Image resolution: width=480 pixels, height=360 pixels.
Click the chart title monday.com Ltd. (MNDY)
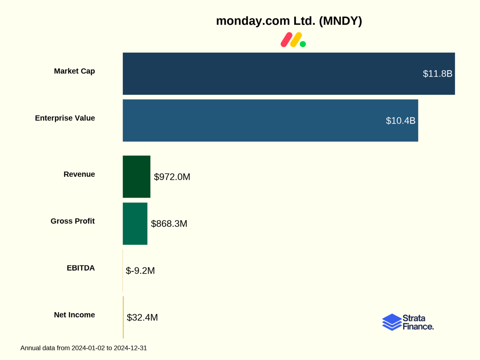pos(289,21)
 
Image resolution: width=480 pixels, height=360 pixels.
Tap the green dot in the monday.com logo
pos(303,44)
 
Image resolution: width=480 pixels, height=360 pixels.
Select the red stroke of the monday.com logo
pos(286,40)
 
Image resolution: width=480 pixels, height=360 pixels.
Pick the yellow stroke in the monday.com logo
pos(296,40)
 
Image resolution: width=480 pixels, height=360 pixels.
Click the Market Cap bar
pos(271,74)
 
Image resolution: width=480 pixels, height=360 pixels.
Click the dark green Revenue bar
pos(136,176)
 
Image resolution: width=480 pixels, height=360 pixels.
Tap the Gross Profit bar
pos(135,223)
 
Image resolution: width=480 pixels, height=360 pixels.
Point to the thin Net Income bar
pos(123,317)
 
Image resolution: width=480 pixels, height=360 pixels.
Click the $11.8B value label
pos(437,74)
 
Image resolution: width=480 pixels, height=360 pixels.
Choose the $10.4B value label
pos(400,120)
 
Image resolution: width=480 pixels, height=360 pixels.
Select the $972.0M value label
pos(172,177)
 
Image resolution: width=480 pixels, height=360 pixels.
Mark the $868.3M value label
pos(169,224)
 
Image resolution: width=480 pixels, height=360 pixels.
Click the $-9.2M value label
pos(140,270)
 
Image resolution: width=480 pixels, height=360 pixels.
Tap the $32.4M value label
pos(142,317)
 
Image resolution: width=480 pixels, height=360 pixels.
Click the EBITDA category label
pos(81,268)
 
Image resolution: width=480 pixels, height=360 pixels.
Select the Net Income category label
pos(74,315)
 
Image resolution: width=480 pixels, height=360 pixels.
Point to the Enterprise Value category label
pos(65,118)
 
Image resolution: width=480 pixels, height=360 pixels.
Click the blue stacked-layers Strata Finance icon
pos(392,322)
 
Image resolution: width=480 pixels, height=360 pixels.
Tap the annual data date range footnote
pos(84,348)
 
